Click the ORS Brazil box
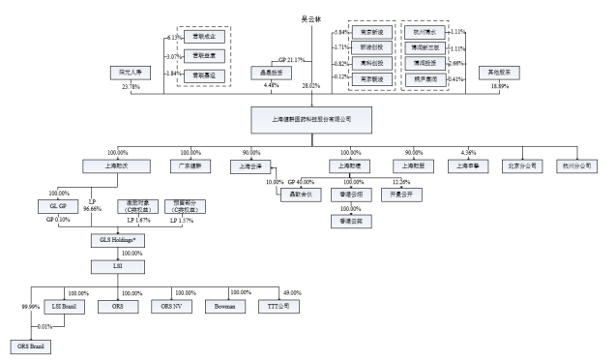28,345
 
